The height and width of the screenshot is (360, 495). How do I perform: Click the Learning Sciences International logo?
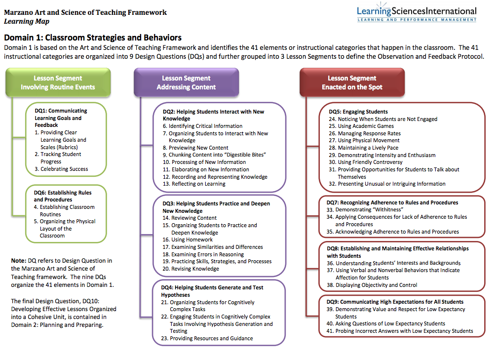tap(417, 12)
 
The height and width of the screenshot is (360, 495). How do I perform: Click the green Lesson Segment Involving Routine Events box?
tap(58, 82)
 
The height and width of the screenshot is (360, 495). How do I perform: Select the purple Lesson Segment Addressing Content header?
tap(186, 82)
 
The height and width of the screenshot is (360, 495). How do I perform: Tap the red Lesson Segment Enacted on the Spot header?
tap(352, 82)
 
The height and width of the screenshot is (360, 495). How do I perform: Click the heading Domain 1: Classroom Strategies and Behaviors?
tap(93, 38)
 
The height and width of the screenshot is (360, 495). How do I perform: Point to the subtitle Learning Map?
tap(27, 21)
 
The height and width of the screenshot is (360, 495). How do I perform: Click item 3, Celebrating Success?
tap(61, 169)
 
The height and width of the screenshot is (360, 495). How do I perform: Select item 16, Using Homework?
tap(188, 240)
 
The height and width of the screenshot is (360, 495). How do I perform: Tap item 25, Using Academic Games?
tap(361, 126)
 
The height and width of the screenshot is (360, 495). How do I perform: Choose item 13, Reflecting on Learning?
tap(194, 184)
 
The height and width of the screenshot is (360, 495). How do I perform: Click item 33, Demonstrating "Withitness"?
tap(365, 210)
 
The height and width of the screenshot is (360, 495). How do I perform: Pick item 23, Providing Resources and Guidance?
tap(207, 338)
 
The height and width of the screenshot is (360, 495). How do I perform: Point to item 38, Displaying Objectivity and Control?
tap(372, 285)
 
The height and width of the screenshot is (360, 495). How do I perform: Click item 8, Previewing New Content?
tap(195, 148)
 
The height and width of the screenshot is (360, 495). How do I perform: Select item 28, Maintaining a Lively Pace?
tap(363, 148)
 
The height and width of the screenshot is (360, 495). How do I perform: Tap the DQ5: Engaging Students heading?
tap(358, 112)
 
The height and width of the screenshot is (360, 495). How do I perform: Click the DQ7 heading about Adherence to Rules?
tap(392, 202)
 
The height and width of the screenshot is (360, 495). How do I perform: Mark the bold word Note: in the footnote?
tap(19, 261)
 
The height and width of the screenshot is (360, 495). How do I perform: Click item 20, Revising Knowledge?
tap(190, 269)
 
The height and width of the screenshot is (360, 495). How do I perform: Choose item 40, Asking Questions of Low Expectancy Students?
tap(386, 323)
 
